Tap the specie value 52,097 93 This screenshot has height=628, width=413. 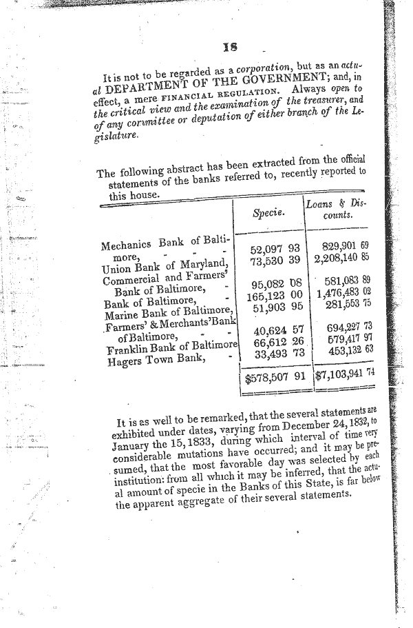276,248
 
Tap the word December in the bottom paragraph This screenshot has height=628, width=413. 293,423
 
